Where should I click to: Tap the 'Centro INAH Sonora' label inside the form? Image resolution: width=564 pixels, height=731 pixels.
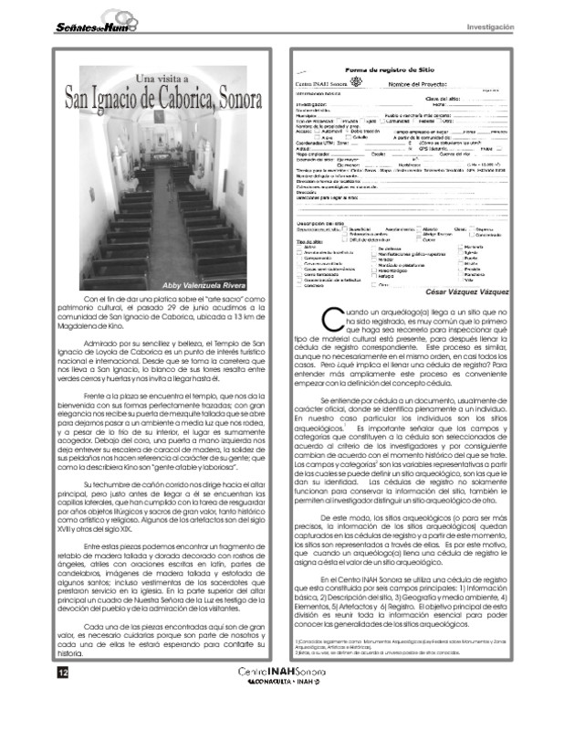click(x=320, y=84)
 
